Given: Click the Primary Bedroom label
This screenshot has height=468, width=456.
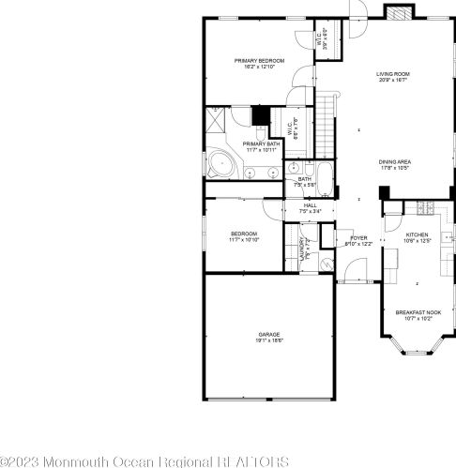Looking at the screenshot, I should click(258, 61).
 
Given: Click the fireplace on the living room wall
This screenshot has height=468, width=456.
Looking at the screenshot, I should click(397, 12).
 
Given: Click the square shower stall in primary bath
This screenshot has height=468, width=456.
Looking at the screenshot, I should click(216, 122).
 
